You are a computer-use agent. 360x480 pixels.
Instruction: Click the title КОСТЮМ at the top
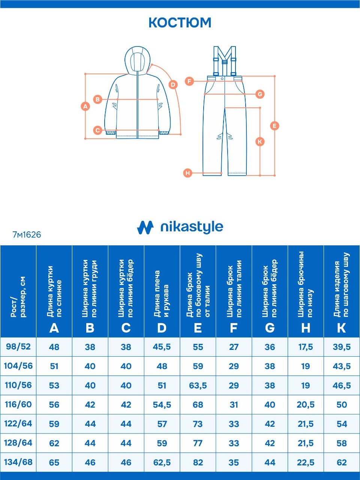(x=180, y=22)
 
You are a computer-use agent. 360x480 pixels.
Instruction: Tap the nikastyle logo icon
(x=145, y=227)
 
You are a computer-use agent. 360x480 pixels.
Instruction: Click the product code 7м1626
(x=27, y=235)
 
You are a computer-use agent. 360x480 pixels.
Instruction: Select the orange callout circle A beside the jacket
(x=85, y=106)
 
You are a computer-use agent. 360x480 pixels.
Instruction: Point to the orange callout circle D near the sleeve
(x=173, y=84)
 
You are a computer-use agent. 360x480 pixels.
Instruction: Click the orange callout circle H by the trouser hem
(x=188, y=173)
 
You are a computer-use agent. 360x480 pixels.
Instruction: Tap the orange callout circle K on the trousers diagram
(x=260, y=141)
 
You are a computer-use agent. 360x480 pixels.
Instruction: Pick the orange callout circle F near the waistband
(x=190, y=81)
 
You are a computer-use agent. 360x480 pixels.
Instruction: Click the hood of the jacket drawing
(x=137, y=59)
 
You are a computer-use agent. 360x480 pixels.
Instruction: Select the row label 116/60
(x=18, y=405)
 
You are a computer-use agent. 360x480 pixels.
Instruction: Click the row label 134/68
(x=18, y=462)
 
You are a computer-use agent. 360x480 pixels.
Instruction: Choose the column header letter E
(x=198, y=328)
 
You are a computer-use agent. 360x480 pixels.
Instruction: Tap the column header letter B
(x=90, y=328)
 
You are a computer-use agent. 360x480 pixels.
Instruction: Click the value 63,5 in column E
(x=198, y=385)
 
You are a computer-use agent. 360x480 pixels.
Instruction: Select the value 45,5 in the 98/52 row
(x=162, y=347)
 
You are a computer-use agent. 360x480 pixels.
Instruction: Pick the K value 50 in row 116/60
(x=342, y=405)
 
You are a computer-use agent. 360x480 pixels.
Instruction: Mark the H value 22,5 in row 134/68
(x=306, y=462)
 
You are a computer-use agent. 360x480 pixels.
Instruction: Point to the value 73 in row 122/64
(x=198, y=424)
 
